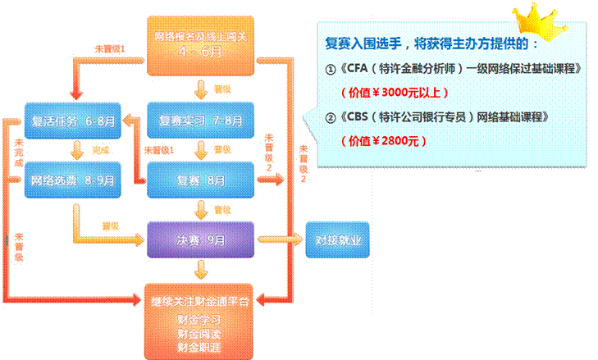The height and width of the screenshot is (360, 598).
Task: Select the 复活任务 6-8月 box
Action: pyautogui.click(x=72, y=121)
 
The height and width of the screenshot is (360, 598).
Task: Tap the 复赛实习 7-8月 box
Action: pyautogui.click(x=199, y=121)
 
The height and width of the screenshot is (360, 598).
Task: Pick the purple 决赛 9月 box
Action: pyautogui.click(x=199, y=240)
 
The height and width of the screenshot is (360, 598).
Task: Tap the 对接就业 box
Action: pyautogui.click(x=338, y=240)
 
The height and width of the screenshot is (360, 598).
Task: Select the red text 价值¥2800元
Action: pyautogui.click(x=384, y=140)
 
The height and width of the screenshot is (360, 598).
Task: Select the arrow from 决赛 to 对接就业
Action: pyautogui.click(x=280, y=239)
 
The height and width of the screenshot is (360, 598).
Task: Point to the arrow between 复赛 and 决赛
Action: pyautogui.click(x=200, y=211)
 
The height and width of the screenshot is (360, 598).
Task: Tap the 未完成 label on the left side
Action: pyautogui.click(x=18, y=152)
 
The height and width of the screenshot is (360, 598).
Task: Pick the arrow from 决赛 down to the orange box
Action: pyautogui.click(x=200, y=270)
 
